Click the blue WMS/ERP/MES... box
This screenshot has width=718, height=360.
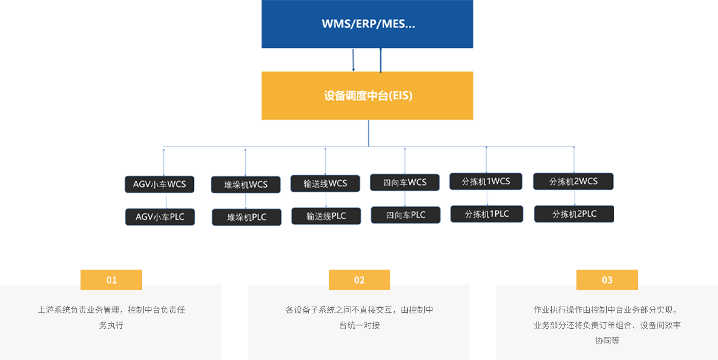coord(367,24)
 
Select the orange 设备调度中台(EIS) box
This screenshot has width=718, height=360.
coord(367,95)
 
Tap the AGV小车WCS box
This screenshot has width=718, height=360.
coord(159,184)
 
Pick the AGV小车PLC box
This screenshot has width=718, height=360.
coord(160,217)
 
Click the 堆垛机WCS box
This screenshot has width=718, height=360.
coord(246,185)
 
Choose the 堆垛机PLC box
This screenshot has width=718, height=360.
coord(247,217)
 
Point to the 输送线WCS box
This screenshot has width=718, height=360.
coord(325,184)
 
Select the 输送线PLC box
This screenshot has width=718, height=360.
coord(326,216)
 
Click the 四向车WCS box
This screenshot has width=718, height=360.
coord(405,183)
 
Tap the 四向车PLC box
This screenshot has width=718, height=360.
coord(406,215)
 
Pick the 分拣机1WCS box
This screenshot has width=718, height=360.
coord(486,182)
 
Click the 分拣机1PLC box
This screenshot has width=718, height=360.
coord(487,214)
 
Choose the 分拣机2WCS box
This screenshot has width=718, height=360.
coord(573,182)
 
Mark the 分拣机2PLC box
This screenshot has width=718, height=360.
coord(574,214)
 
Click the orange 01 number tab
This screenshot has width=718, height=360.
coord(111,279)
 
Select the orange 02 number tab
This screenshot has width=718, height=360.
coord(359,279)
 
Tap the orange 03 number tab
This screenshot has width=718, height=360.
coord(607,279)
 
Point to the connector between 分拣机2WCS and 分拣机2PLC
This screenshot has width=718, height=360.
coord(574,198)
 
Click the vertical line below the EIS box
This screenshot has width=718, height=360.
coord(368,133)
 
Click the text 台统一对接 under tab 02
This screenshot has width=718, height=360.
coord(359,325)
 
